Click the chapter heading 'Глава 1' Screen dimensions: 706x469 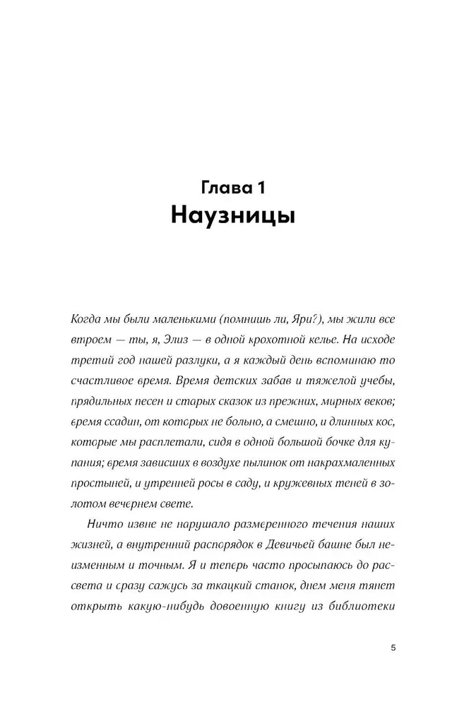click(234, 187)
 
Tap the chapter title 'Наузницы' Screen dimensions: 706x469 click(234, 215)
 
